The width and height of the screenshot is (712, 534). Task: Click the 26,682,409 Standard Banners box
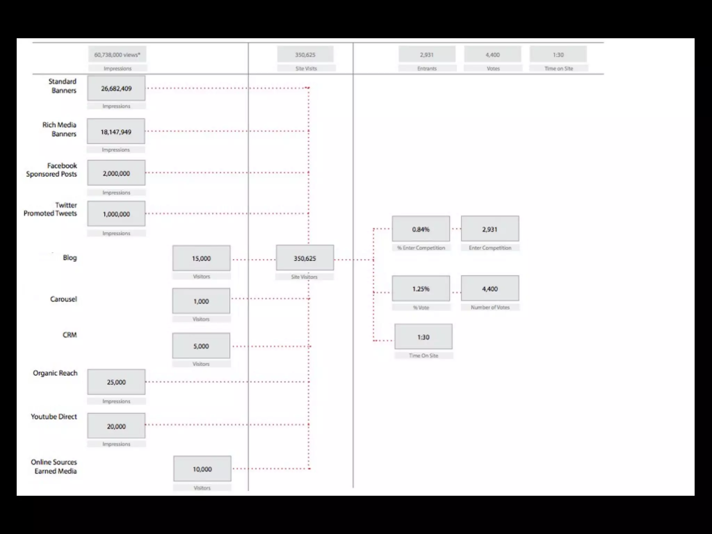coord(116,89)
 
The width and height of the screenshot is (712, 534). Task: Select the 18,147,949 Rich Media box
coord(116,132)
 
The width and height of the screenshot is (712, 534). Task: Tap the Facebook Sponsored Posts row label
coord(51,170)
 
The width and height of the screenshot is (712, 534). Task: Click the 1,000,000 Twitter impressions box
coord(116,214)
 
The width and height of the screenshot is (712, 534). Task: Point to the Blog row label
coord(70,258)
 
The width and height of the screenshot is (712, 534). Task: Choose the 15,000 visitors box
coord(201,258)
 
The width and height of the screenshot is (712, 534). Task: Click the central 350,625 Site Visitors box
coord(305,258)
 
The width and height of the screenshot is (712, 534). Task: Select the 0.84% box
coord(421,229)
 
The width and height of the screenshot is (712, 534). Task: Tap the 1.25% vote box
coord(421,289)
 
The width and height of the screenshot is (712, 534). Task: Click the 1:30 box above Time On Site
coord(423,337)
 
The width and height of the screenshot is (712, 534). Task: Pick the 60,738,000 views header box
coord(117,55)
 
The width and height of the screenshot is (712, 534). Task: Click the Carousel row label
coord(63,299)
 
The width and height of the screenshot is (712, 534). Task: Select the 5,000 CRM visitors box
coord(201,346)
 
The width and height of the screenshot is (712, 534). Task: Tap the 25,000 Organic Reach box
coord(116,382)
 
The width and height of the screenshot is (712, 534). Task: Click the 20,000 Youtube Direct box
coord(116,426)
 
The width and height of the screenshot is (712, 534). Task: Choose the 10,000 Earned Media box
coord(202,469)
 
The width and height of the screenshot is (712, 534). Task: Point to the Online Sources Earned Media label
coord(54,467)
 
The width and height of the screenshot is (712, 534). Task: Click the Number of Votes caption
coord(490,307)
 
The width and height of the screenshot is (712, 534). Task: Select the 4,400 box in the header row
coord(493,55)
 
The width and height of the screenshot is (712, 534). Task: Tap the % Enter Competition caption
coord(421,248)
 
